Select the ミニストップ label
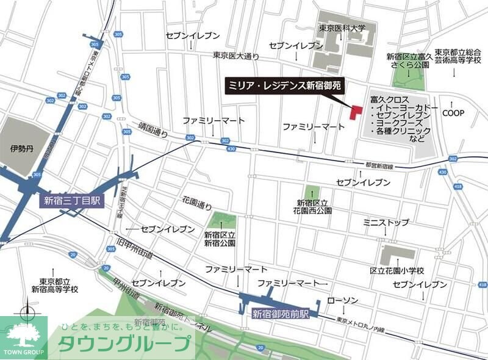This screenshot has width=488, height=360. pyautogui.click(x=386, y=223)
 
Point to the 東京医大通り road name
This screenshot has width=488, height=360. pyautogui.click(x=236, y=56)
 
